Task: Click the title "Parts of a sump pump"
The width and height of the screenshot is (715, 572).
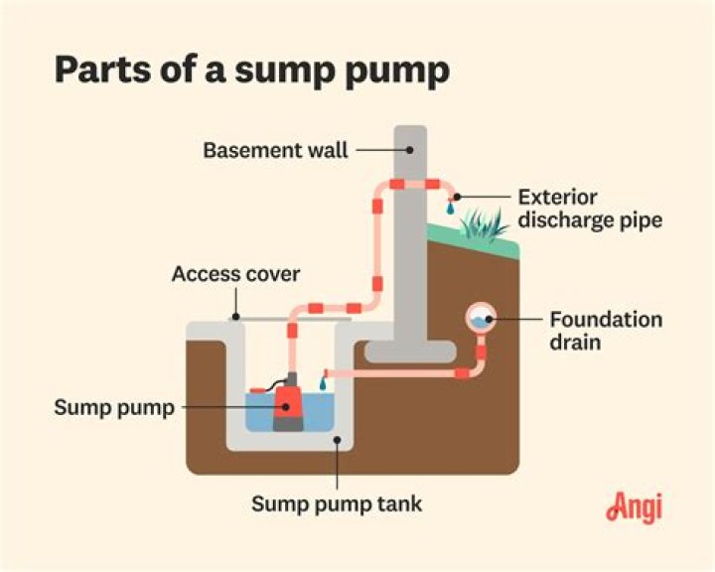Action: point(252,72)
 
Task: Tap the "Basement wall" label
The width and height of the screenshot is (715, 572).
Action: point(276,151)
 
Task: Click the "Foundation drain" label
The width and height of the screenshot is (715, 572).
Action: point(605,331)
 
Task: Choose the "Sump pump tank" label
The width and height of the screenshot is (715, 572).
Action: point(336,503)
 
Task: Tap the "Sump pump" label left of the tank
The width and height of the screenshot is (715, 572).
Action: point(114,407)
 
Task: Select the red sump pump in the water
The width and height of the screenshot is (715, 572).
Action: point(288,401)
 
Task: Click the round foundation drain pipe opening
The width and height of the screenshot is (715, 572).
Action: point(482,318)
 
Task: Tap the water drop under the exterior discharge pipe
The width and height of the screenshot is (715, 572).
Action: point(451,210)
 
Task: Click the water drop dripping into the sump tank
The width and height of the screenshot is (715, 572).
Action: point(322,382)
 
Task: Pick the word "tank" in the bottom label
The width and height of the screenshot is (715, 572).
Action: point(401,503)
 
